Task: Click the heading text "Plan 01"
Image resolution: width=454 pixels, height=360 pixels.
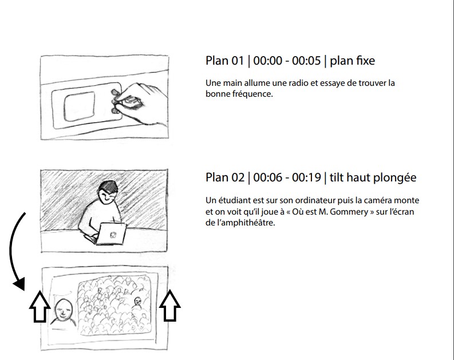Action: [224, 61]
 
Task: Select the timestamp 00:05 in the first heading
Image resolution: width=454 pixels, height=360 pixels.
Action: [306, 61]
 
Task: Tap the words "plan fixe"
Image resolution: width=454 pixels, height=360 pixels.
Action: [352, 61]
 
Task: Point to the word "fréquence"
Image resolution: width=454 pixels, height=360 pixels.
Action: [252, 94]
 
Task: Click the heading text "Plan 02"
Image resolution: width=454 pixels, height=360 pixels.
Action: [225, 177]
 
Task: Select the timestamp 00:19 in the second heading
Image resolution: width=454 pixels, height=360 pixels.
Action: [306, 177]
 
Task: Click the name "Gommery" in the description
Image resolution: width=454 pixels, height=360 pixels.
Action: [349, 212]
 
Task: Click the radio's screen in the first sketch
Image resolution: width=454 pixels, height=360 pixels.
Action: [80, 106]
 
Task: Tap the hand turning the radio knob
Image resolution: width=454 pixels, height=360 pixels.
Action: [140, 104]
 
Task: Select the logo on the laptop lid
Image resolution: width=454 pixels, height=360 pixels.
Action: [113, 235]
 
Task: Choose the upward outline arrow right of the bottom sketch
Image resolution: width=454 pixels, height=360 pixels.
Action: [170, 306]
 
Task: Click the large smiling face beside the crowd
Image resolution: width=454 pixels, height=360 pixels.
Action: [64, 310]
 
